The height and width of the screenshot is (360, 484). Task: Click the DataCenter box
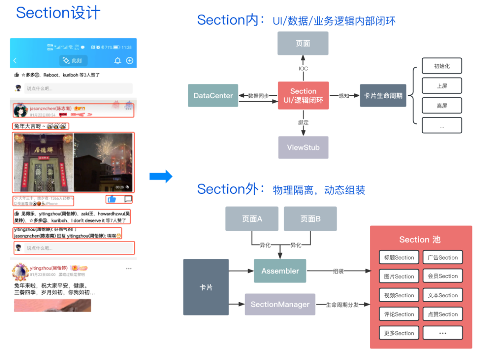click(213, 95)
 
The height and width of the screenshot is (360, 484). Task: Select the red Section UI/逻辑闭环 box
click(303, 95)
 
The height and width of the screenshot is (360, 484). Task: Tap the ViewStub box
click(303, 147)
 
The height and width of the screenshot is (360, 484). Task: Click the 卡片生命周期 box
click(383, 95)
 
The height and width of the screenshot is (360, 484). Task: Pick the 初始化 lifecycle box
click(441, 66)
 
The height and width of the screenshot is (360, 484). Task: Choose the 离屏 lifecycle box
click(441, 106)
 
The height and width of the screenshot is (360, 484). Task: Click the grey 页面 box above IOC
click(303, 43)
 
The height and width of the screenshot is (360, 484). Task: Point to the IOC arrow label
click(303, 69)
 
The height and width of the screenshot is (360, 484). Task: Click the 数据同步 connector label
click(259, 95)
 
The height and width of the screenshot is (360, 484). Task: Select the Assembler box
click(280, 271)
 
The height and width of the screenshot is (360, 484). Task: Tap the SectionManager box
click(280, 304)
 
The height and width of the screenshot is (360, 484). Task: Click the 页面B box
click(310, 219)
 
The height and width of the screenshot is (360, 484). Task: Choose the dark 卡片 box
click(206, 287)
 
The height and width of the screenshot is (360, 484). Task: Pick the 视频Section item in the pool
click(399, 296)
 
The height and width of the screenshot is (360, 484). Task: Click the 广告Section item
click(442, 257)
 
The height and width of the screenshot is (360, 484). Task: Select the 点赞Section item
click(442, 314)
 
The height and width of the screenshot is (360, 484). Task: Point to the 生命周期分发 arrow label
click(342, 305)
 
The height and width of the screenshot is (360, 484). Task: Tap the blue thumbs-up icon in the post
click(112, 199)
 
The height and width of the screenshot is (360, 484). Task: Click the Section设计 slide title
click(58, 13)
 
